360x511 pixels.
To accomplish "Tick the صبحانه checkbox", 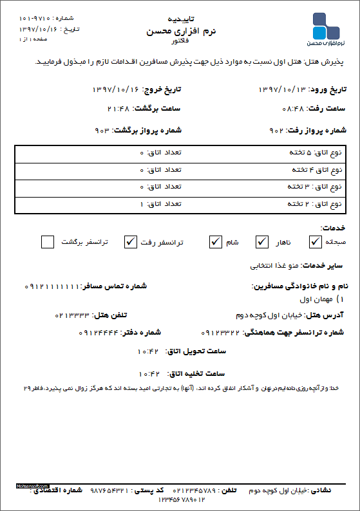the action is pyautogui.click(x=315, y=242).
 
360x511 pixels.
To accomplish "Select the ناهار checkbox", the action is pyautogui.click(x=261, y=242).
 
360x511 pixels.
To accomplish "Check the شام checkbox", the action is pyautogui.click(x=215, y=242).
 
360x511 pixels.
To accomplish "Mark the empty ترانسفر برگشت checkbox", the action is pyautogui.click(x=47, y=242).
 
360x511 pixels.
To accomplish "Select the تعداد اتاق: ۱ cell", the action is pyautogui.click(x=161, y=203).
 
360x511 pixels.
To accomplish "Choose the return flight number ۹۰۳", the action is pyautogui.click(x=103, y=131).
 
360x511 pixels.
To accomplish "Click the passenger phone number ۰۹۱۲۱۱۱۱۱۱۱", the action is pyautogui.click(x=51, y=285).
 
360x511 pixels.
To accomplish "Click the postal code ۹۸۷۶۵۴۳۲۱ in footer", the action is pyautogui.click(x=109, y=490).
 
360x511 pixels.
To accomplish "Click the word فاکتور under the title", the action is pyautogui.click(x=180, y=41).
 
